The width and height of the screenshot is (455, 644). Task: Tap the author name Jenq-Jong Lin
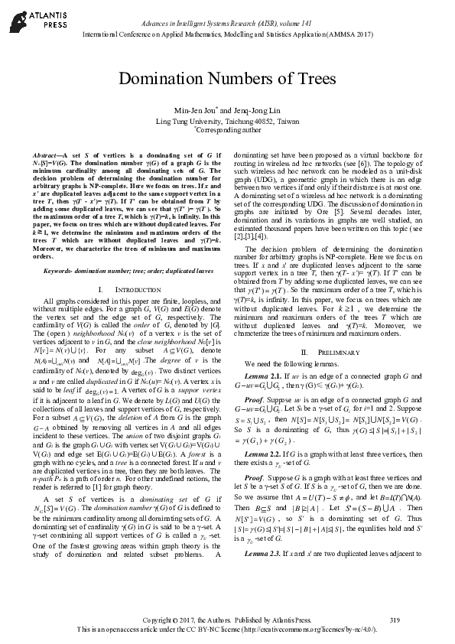click(x=262, y=110)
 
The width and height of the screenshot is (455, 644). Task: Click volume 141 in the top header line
click(x=314, y=25)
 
